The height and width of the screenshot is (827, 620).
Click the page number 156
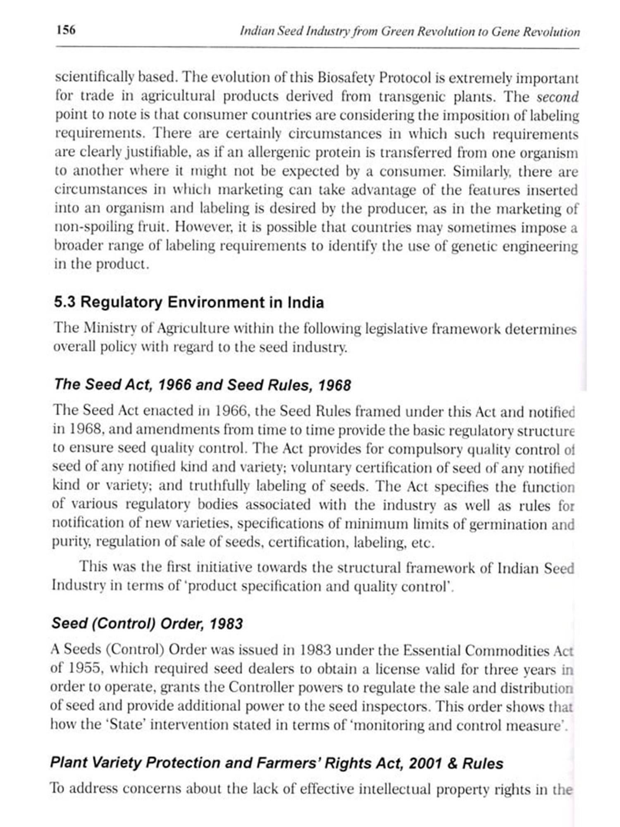point(66,30)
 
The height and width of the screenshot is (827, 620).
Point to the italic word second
point(558,97)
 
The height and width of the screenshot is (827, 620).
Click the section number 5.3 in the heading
point(64,302)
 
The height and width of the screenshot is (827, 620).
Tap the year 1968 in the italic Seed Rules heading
point(334,385)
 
